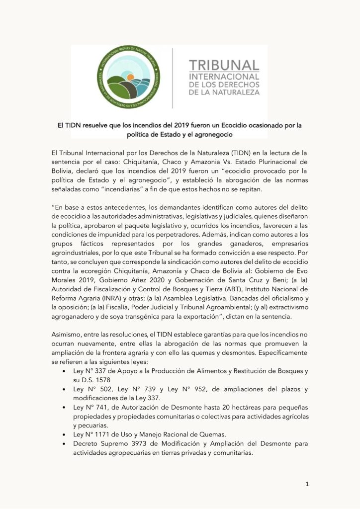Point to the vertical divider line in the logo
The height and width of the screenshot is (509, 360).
tap(173, 78)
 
